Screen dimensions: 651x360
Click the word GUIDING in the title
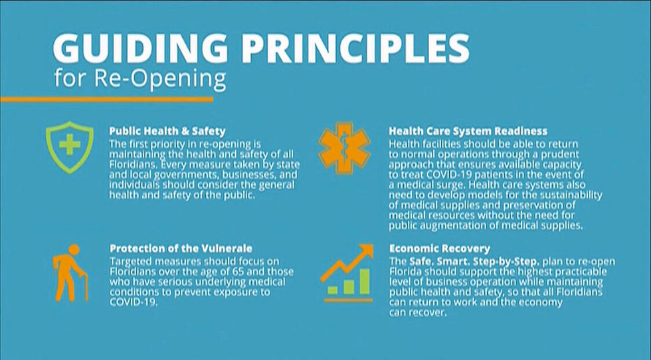click(x=140, y=48)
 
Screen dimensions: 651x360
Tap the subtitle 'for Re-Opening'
click(x=140, y=79)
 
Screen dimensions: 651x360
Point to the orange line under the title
click(x=107, y=100)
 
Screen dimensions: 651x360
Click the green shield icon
click(x=69, y=147)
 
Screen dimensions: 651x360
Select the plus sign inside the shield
click(x=69, y=145)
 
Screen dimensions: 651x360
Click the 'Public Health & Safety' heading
click(x=167, y=132)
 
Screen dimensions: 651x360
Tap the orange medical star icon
click(x=344, y=148)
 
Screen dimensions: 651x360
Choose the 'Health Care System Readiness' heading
click(x=468, y=132)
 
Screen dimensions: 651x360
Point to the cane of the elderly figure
click(x=86, y=286)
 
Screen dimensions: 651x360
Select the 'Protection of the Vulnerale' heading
click(x=181, y=248)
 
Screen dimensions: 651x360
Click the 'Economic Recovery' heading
click(x=439, y=248)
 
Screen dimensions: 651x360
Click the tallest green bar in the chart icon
click(x=364, y=282)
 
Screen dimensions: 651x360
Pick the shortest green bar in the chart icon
click(x=333, y=290)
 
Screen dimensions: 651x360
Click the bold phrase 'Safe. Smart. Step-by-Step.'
click(x=474, y=262)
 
